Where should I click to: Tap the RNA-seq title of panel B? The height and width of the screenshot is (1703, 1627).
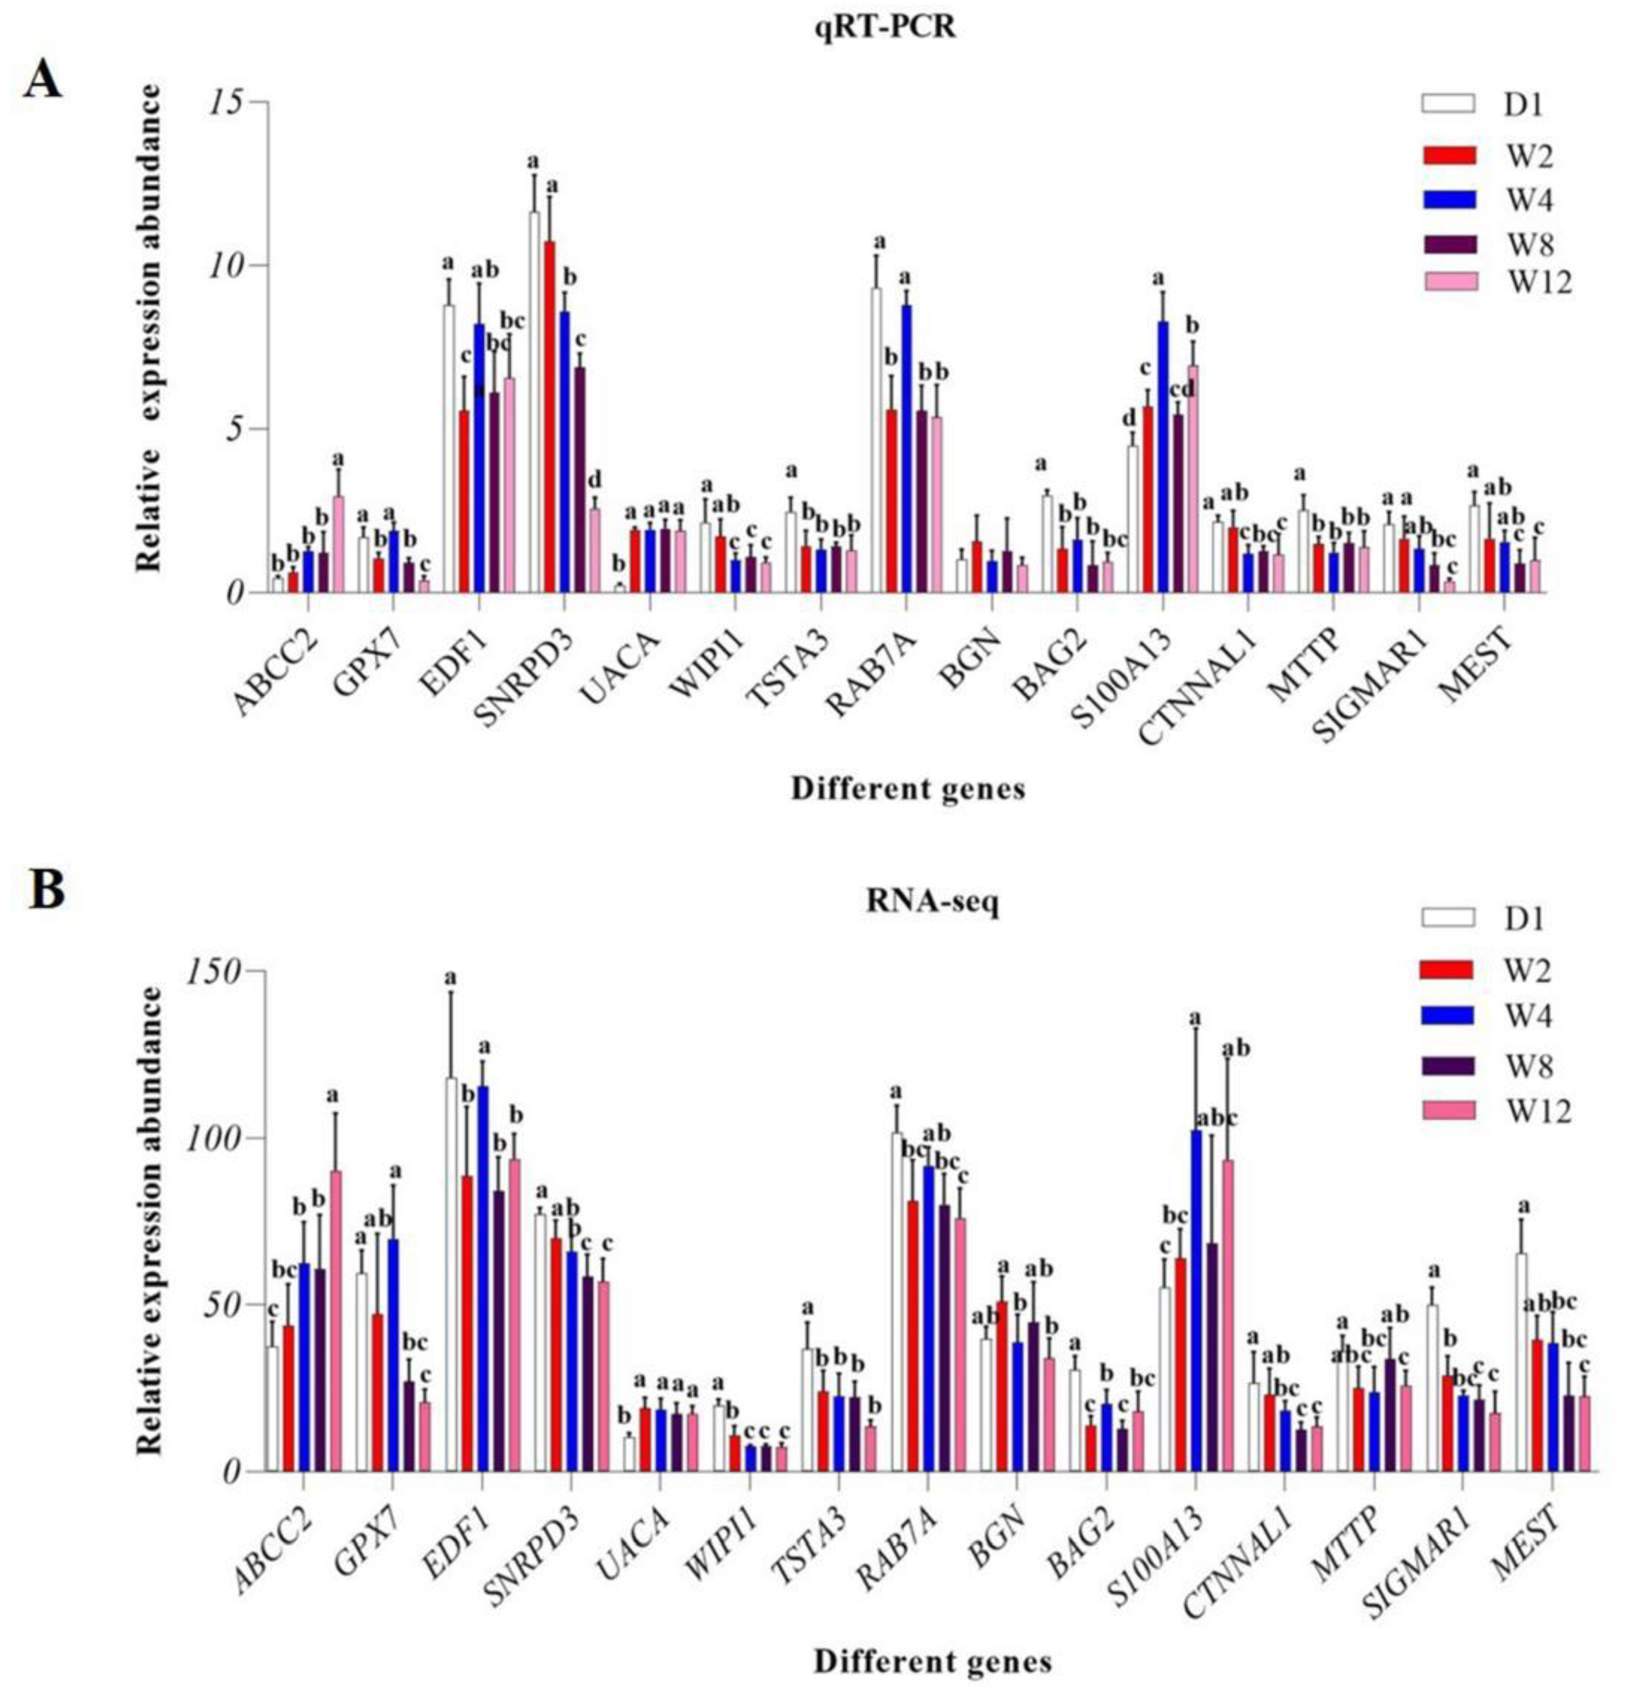click(933, 903)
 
